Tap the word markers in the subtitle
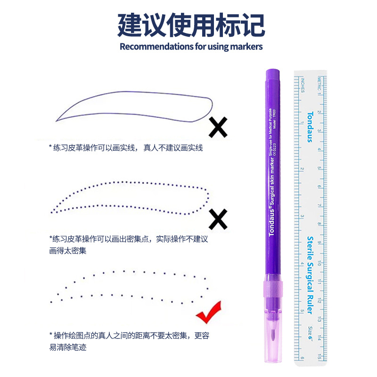246,47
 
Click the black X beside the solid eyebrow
218,127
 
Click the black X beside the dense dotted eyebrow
218,219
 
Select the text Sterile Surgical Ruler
310,271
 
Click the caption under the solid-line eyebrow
126,148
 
